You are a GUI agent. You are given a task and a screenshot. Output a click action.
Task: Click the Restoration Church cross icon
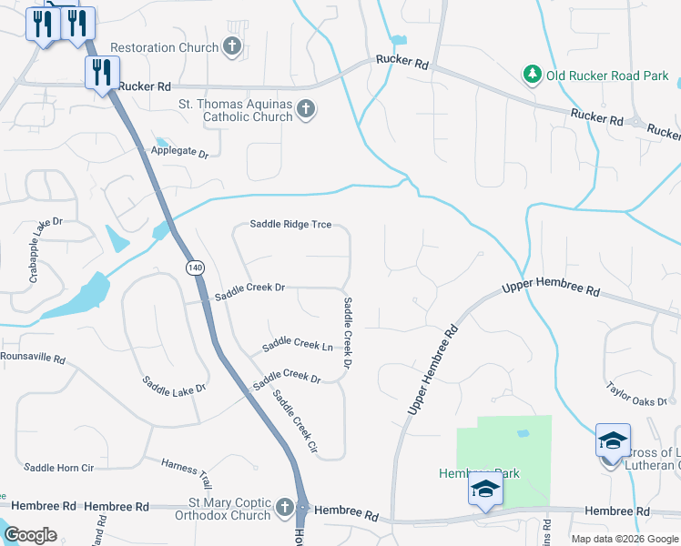click(x=232, y=46)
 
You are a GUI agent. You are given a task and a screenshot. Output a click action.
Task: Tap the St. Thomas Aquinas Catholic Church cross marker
click(x=306, y=110)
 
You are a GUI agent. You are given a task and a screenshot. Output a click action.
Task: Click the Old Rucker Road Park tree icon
click(x=532, y=74)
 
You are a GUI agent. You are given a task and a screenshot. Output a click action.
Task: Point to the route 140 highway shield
click(x=194, y=268)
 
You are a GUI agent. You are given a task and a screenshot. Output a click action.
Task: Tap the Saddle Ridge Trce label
click(x=290, y=224)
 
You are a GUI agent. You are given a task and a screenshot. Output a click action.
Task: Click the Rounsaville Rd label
click(x=32, y=359)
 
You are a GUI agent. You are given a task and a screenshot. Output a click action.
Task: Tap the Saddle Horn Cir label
click(x=58, y=468)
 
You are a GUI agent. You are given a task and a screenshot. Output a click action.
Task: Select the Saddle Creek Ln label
click(x=297, y=345)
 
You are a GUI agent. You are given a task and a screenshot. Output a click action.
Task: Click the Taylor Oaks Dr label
click(x=637, y=394)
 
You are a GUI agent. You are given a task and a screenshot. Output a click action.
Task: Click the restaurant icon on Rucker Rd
click(x=102, y=72)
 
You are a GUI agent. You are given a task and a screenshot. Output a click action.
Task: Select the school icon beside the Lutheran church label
click(x=613, y=440)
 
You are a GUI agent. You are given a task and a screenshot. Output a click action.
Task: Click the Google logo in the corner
click(x=31, y=535)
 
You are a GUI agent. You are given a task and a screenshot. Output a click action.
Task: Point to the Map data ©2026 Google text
click(x=624, y=539)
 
